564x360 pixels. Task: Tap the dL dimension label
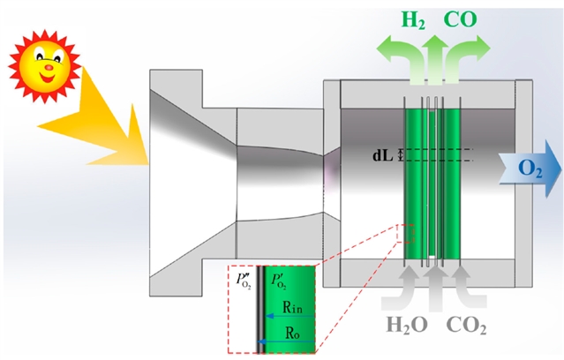click(383, 154)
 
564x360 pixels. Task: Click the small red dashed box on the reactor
click(407, 234)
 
